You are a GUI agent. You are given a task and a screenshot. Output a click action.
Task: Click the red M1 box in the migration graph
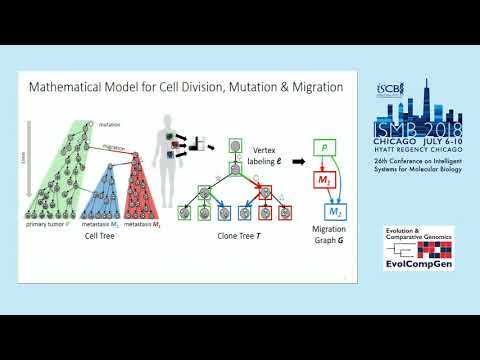point(324,180)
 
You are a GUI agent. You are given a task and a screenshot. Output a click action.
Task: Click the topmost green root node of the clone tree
point(232,146)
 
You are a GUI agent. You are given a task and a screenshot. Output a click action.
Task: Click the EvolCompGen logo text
point(417,267)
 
